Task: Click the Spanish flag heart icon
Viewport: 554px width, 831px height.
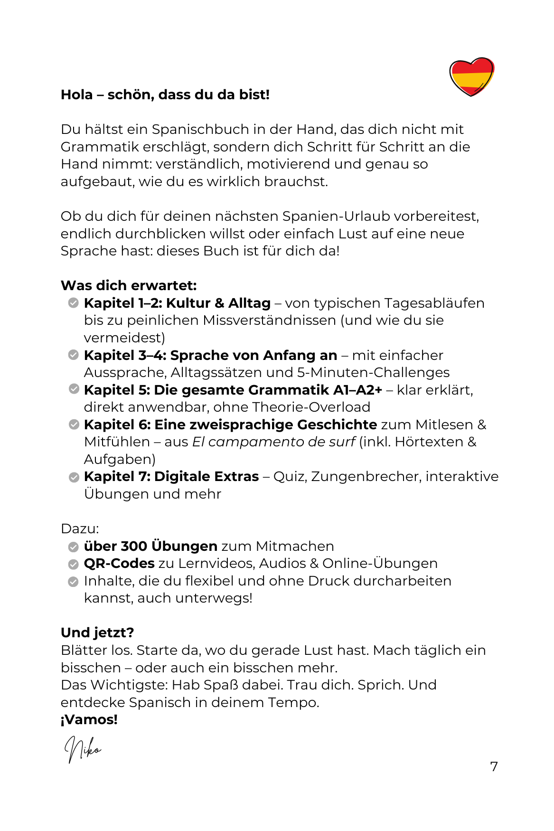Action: [471, 76]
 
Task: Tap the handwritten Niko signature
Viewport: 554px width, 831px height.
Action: [83, 749]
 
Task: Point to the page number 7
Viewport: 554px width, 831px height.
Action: [494, 766]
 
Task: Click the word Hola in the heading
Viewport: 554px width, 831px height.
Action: [77, 94]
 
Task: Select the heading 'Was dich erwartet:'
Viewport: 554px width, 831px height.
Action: [129, 285]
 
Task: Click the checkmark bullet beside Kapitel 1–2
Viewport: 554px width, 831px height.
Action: [73, 303]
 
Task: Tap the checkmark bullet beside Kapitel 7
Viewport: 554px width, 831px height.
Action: [74, 477]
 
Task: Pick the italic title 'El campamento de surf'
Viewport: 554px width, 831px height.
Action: [273, 442]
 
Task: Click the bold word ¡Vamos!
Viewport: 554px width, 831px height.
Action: [89, 719]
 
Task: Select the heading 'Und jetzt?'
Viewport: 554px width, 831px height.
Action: [97, 633]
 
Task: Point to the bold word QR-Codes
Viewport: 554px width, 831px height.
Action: [119, 563]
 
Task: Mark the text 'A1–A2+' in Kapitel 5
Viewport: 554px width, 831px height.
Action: [357, 390]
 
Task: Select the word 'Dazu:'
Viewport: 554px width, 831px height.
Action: [80, 529]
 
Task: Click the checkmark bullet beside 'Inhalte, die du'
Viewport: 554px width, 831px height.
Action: [73, 581]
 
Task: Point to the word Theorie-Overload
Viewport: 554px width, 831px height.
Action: [311, 407]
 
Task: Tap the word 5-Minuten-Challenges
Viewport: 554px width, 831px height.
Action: [373, 372]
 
